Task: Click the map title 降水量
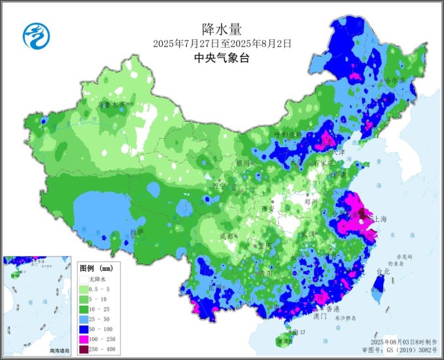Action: [222, 28]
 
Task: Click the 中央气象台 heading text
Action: [222, 58]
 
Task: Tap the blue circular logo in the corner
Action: [36, 35]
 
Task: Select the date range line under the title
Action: [222, 43]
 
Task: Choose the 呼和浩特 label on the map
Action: [288, 134]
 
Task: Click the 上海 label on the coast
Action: [380, 219]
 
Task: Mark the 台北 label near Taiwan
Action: [383, 270]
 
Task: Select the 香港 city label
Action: [333, 308]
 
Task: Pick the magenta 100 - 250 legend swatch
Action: [86, 338]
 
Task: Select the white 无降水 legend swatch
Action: [86, 279]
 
